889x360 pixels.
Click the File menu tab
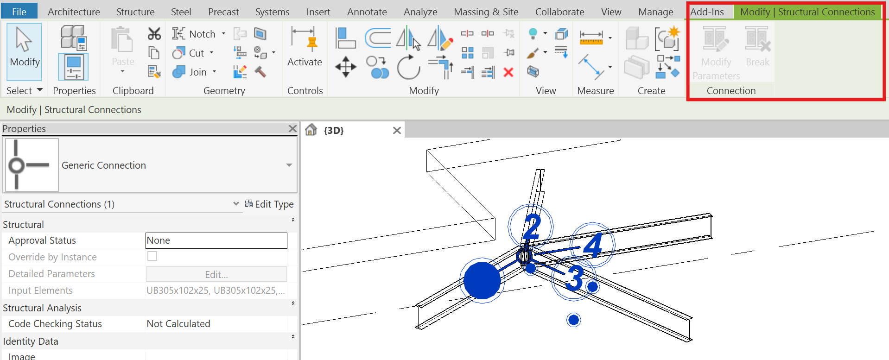click(x=19, y=12)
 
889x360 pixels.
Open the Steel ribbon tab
click(x=181, y=12)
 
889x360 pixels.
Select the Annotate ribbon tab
click(x=367, y=12)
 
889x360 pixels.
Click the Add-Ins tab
click(x=707, y=12)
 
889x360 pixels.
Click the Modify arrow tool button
click(x=24, y=51)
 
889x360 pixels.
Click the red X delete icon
click(x=508, y=72)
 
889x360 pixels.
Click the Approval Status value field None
click(x=216, y=240)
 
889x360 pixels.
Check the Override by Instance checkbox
click(x=152, y=256)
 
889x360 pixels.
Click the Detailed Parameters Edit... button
click(x=216, y=274)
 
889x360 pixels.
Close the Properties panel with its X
click(x=292, y=128)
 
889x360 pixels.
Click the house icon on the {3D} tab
click(x=311, y=130)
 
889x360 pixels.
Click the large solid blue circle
click(x=482, y=280)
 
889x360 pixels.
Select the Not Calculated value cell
click(x=216, y=324)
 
